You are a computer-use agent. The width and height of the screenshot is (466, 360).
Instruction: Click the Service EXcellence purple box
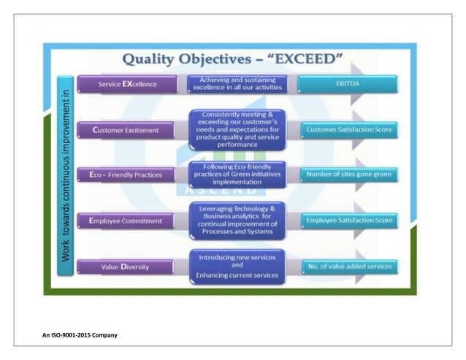tap(127, 84)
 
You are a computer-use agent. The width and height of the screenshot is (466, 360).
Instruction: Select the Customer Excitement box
tap(127, 131)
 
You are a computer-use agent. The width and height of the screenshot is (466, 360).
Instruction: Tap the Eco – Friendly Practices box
tap(127, 175)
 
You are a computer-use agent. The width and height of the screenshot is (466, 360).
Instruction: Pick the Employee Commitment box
tap(127, 221)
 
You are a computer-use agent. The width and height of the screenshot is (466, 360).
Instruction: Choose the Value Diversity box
tap(127, 267)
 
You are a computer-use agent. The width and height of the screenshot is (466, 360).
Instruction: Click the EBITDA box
tap(349, 84)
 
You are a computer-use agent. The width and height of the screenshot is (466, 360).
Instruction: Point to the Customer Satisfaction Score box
tap(349, 130)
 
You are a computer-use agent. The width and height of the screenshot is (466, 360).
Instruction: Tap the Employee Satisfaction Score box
tap(349, 220)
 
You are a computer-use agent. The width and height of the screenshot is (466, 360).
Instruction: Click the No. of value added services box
tap(349, 266)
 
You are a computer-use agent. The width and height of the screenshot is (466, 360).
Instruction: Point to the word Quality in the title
tap(150, 58)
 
